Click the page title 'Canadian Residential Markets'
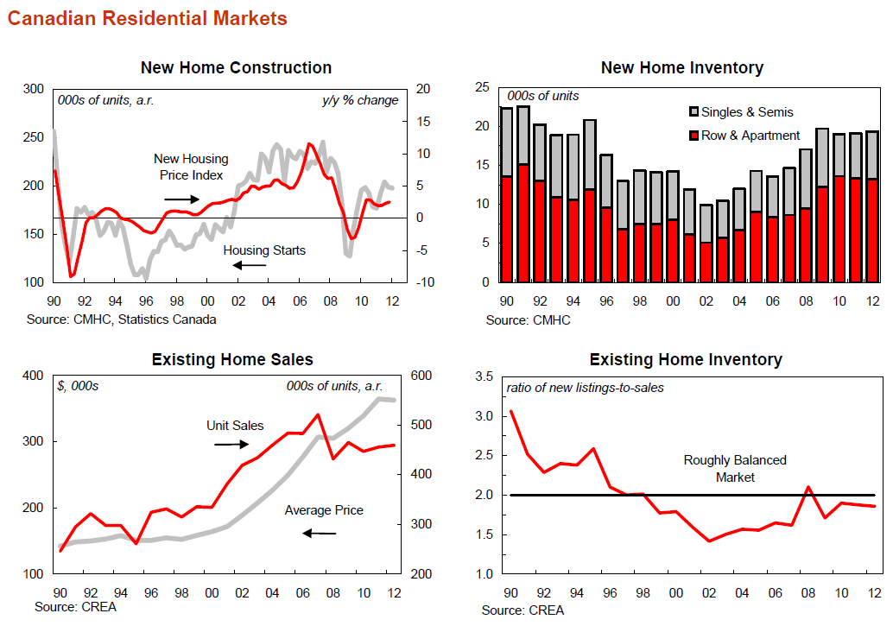coord(147,18)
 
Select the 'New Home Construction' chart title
coord(236,67)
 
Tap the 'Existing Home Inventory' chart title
coord(685,359)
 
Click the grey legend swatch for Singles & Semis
coord(693,112)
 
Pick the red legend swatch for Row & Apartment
coord(693,136)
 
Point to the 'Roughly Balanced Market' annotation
coord(735,468)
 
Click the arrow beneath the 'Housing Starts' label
coord(250,265)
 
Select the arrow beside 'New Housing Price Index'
coord(183,199)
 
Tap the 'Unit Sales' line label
coord(235,426)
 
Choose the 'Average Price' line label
coord(324,510)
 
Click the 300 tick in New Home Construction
coord(33,89)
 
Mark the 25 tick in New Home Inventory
coord(482,88)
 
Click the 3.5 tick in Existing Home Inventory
coord(484,377)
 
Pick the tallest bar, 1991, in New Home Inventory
coord(523,194)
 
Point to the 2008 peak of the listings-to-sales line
coord(808,487)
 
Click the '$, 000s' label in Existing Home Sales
coord(78,386)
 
